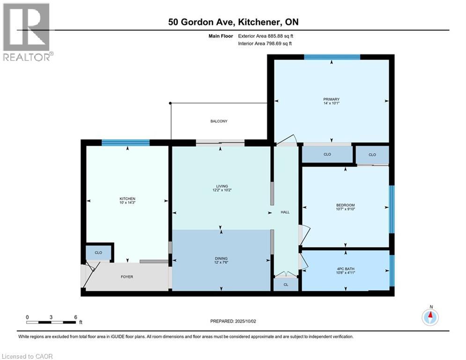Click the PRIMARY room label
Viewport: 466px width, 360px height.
(331, 99)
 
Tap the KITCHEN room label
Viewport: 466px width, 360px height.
(127, 199)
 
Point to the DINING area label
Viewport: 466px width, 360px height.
(222, 258)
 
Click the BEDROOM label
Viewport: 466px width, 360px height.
(346, 205)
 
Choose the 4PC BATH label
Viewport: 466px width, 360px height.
(346, 269)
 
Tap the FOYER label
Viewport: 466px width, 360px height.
(127, 277)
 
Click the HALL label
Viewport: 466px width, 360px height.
(285, 212)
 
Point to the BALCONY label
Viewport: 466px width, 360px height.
(219, 121)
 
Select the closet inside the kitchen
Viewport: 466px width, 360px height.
(98, 253)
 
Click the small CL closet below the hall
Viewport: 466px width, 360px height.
(286, 285)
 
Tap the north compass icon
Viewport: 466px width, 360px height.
(430, 317)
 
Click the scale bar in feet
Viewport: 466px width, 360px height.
(51, 322)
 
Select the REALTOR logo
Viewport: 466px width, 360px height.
(27, 32)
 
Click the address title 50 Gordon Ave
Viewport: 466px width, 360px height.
(233, 22)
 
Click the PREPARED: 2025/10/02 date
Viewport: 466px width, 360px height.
(233, 321)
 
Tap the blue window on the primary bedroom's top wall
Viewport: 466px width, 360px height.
(332, 57)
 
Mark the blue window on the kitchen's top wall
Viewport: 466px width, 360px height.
(126, 143)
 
